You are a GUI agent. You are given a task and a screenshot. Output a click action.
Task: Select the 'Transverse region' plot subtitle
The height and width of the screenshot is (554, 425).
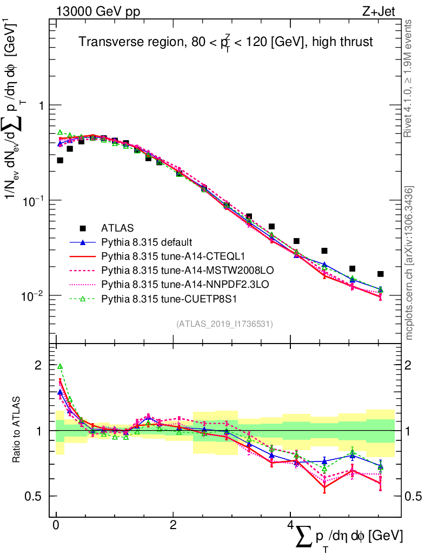[x=225, y=42]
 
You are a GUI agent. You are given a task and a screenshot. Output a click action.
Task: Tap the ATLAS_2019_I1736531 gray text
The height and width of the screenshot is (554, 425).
[x=224, y=324]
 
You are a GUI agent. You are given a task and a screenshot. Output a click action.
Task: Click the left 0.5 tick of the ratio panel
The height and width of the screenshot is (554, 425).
[x=36, y=496]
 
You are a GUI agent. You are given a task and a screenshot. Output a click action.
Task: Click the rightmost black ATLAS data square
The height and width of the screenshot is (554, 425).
[x=381, y=274]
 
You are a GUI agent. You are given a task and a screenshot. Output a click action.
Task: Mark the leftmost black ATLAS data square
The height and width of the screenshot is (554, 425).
[x=60, y=160]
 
